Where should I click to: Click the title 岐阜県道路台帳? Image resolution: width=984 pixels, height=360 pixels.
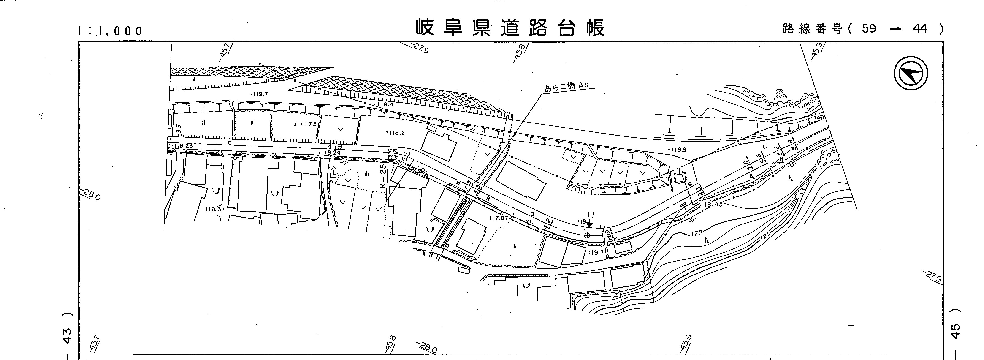510,28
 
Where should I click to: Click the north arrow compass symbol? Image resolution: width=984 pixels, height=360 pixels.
911,73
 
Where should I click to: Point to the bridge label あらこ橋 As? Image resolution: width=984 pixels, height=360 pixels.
567,86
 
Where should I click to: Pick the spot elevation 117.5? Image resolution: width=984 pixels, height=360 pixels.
308,124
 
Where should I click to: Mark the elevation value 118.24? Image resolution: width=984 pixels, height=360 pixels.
331,153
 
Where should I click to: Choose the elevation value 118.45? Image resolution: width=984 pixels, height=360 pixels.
712,205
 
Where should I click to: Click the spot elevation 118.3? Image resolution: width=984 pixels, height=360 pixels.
214,209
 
